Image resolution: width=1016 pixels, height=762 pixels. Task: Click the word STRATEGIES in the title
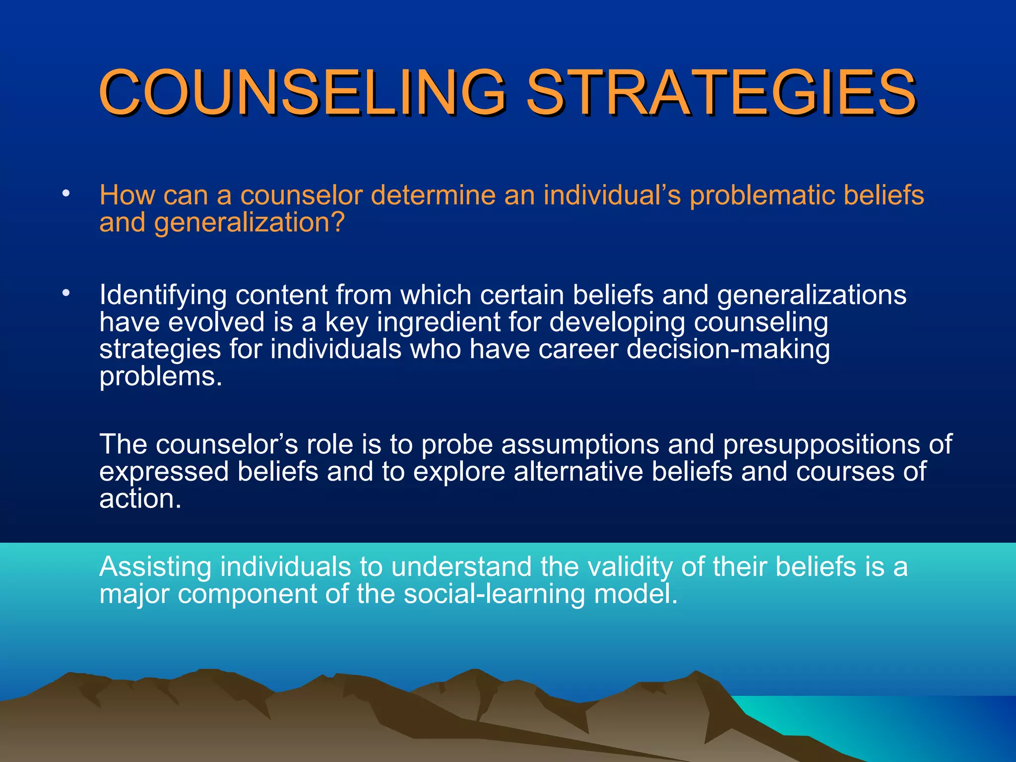pos(720,92)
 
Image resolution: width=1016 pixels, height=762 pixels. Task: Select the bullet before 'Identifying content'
pos(66,293)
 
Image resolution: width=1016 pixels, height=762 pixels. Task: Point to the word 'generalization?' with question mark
pos(249,223)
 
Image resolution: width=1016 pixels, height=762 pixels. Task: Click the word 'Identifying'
pos(163,296)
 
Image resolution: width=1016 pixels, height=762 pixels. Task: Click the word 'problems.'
pos(161,377)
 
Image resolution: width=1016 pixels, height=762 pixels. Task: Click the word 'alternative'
pos(578,471)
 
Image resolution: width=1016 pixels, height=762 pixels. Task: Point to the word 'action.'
pos(140,499)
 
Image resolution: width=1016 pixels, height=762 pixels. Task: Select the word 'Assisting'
pos(155,567)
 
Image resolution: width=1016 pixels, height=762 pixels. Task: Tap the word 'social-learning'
pos(494,594)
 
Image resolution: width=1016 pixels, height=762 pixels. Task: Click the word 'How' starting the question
pos(127,195)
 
